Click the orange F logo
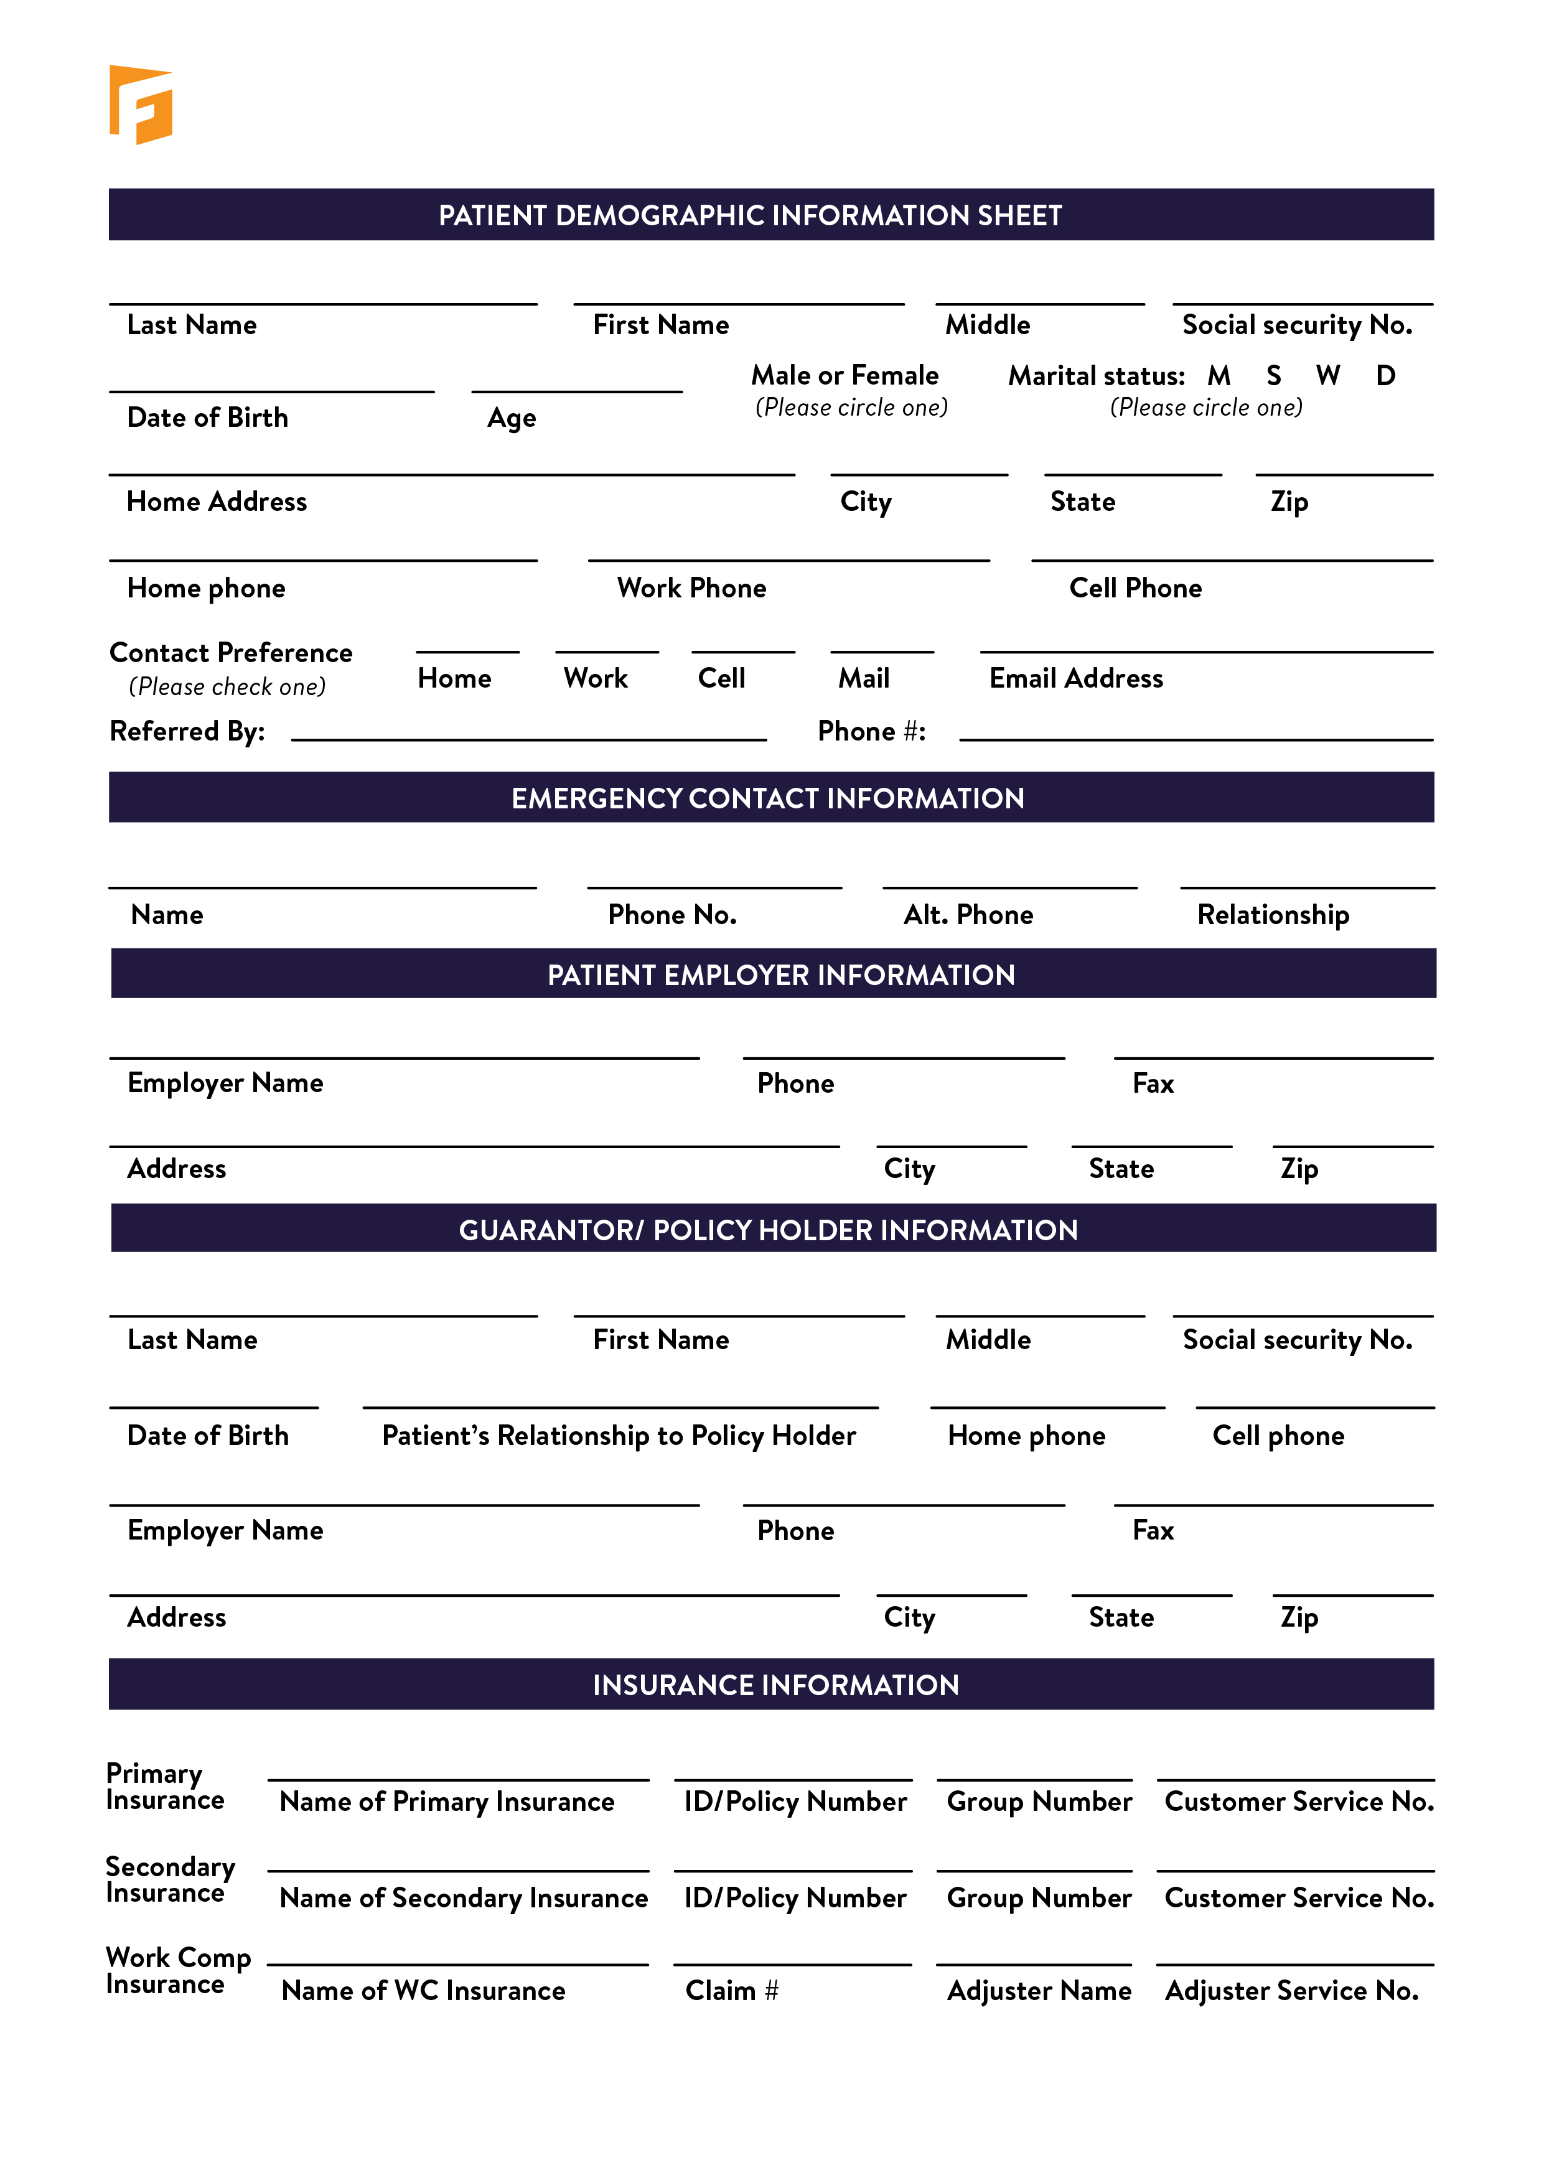coord(141,105)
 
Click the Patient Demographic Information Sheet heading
coord(749,216)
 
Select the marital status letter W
coord(1327,376)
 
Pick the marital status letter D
coord(1385,376)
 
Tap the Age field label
coord(512,418)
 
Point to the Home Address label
coord(217,502)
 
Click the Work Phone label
coord(691,589)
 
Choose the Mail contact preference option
coord(863,679)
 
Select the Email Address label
coord(1076,679)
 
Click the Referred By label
coord(187,731)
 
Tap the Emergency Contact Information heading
coord(767,798)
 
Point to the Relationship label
coord(1273,915)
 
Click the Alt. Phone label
coord(968,915)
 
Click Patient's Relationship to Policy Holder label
coord(619,1436)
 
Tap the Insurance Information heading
coord(776,1686)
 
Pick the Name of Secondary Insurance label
coord(464,1899)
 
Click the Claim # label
coord(732,1991)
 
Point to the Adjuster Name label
coord(1039,1991)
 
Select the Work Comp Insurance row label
coord(178,1971)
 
